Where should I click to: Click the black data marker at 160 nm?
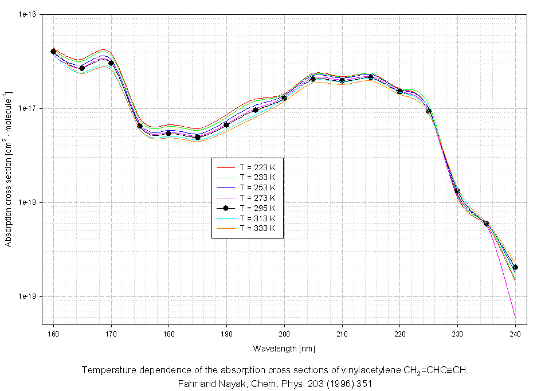click(x=53, y=52)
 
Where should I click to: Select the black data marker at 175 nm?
click(x=140, y=126)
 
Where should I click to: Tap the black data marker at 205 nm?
click(x=313, y=79)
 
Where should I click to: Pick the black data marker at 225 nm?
click(x=429, y=111)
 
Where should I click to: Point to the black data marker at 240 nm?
click(x=515, y=267)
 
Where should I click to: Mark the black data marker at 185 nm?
click(x=198, y=137)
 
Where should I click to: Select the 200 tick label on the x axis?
click(x=284, y=334)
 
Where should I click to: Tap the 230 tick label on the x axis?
click(x=457, y=334)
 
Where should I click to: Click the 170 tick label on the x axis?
click(x=111, y=334)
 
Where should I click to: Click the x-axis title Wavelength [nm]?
click(x=284, y=349)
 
